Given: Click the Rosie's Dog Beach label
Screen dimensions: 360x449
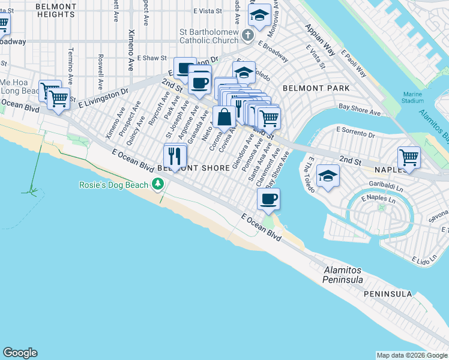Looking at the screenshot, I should [x=113, y=185].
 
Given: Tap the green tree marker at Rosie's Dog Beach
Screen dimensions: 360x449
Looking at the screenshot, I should [x=158, y=184].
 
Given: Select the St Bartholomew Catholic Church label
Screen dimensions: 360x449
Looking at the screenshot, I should [x=209, y=36].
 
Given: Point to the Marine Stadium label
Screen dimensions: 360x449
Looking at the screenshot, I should [x=413, y=97].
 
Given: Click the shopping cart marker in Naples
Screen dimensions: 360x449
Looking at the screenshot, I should [x=409, y=157].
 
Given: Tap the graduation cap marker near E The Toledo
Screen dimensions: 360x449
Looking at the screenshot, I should [x=328, y=176].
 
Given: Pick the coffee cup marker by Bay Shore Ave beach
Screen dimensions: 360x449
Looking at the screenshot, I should [x=269, y=199].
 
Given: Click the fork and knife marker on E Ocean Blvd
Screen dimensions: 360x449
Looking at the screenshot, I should [x=175, y=156].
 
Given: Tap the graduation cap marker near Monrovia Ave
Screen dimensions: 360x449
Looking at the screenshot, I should [x=259, y=16].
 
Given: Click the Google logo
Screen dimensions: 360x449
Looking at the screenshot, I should [x=20, y=353].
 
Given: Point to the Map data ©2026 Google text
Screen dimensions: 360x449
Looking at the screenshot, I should [x=411, y=355].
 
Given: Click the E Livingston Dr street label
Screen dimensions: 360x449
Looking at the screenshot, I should [x=108, y=96].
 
